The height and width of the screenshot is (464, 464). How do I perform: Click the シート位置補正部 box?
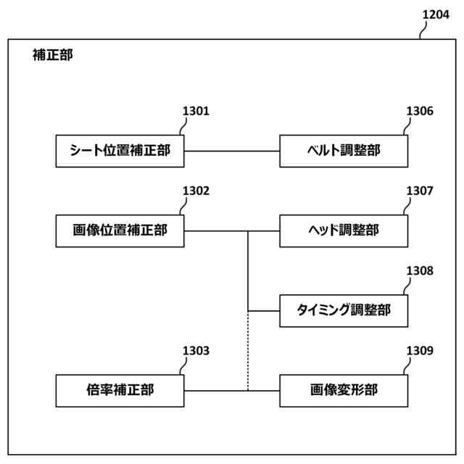pos(120,151)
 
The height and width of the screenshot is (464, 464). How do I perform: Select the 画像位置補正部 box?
pos(120,231)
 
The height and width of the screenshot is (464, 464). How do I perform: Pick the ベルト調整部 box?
pos(344,151)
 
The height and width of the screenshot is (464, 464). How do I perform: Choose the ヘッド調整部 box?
pos(344,231)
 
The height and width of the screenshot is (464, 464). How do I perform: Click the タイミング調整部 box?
pos(344,311)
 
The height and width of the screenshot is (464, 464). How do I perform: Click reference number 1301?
pos(195,112)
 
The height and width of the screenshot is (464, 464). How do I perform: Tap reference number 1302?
pos(195,191)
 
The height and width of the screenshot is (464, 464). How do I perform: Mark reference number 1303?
pos(195,351)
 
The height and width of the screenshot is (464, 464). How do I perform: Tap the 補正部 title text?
pos(53,54)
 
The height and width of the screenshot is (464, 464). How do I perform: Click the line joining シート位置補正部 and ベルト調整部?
pos(232,151)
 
